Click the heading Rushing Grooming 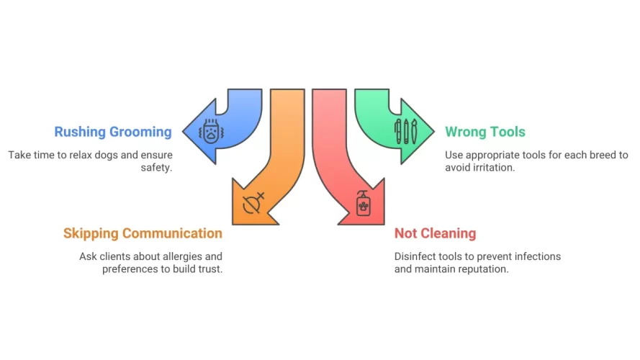tap(113, 132)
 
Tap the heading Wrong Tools tap(484, 132)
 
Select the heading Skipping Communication tap(143, 233)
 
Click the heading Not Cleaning tap(435, 233)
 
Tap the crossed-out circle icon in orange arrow tap(254, 202)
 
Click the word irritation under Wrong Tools tap(495, 168)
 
